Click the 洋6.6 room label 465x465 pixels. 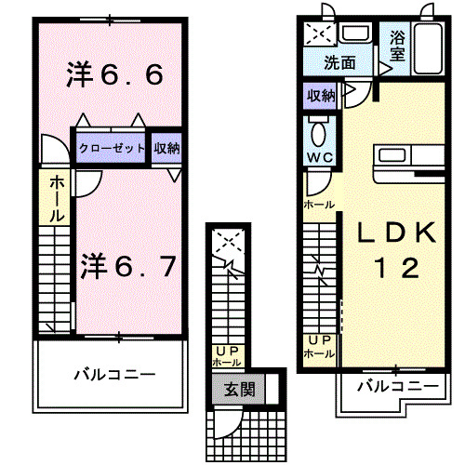(x=114, y=74)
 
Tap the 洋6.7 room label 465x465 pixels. (x=128, y=266)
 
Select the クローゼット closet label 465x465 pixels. (x=112, y=148)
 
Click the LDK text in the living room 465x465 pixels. (x=397, y=232)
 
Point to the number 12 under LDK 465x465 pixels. (x=397, y=268)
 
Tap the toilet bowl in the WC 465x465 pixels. (x=318, y=133)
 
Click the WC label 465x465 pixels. (x=320, y=158)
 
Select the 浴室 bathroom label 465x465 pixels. (x=397, y=46)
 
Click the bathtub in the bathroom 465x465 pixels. (x=428, y=48)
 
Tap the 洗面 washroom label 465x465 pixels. (x=339, y=63)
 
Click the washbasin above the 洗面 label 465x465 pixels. (x=355, y=33)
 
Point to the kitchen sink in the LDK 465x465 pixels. (x=392, y=155)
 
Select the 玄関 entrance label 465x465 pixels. (x=239, y=390)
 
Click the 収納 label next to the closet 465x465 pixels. (x=167, y=148)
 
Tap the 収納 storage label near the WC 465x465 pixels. (x=321, y=96)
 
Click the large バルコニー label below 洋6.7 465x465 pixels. (x=114, y=375)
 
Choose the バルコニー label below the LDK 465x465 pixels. (x=398, y=386)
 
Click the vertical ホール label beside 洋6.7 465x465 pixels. (x=57, y=199)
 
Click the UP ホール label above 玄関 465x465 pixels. (x=227, y=357)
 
